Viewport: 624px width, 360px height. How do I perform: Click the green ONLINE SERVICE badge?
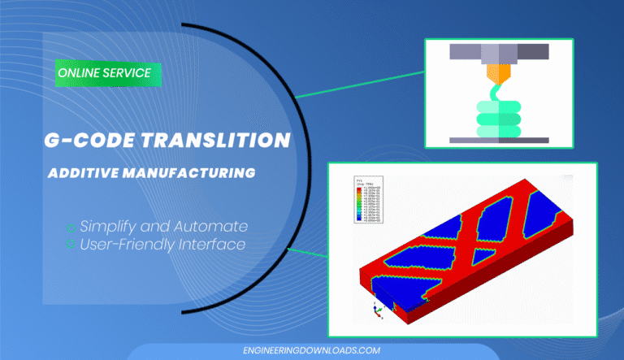[x=103, y=73]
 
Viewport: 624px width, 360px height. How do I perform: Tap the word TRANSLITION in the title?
[x=225, y=140]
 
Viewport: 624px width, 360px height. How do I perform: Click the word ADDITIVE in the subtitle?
[x=83, y=173]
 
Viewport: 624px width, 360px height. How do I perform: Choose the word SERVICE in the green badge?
[x=128, y=73]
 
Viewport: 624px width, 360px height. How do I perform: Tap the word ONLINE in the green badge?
[x=79, y=73]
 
